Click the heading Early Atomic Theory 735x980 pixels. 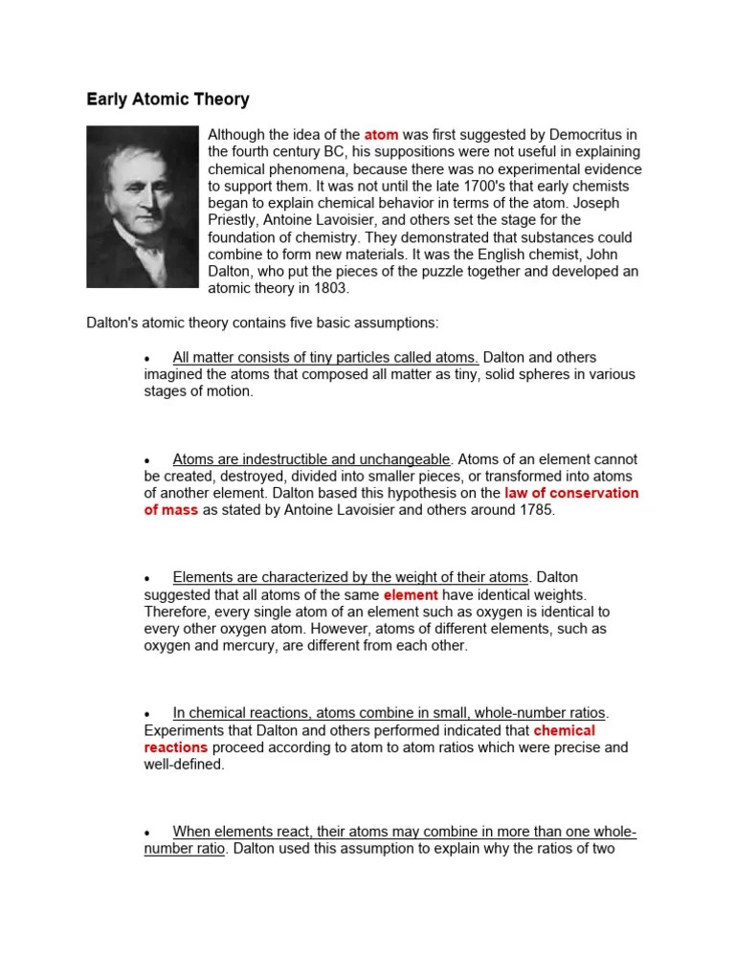click(168, 99)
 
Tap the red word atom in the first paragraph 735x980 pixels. click(381, 135)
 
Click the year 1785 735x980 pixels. click(533, 510)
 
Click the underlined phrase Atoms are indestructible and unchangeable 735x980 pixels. click(311, 459)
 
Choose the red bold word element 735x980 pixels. click(410, 594)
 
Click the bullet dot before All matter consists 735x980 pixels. click(147, 359)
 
